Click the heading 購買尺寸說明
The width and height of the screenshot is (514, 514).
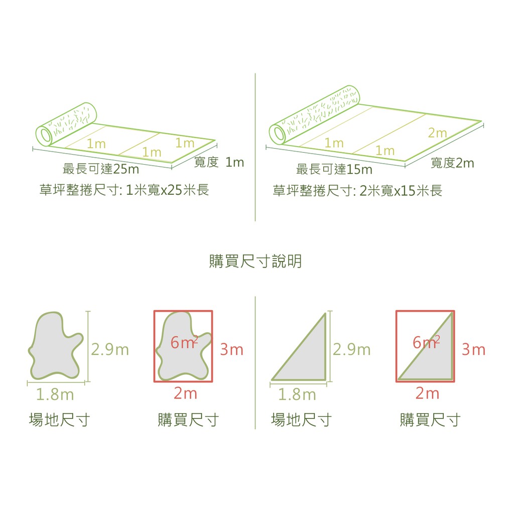[x=255, y=261]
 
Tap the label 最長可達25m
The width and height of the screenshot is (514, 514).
[x=101, y=169]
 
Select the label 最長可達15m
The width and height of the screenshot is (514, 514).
[x=334, y=170]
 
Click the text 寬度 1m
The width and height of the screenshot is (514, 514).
[x=219, y=162]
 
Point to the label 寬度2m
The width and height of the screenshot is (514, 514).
[x=452, y=163]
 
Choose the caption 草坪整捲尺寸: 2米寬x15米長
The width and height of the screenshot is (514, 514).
[x=357, y=190]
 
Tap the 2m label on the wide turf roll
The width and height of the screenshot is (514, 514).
[x=438, y=133]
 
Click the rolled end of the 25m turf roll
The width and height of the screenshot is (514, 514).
[x=66, y=124]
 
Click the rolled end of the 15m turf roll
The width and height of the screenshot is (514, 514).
[x=314, y=115]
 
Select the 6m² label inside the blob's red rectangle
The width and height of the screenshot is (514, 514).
[x=184, y=342]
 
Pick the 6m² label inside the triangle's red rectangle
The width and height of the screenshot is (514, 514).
[x=426, y=342]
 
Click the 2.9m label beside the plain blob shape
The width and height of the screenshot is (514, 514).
[x=110, y=349]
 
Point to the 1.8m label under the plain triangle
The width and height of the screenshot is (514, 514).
[x=297, y=395]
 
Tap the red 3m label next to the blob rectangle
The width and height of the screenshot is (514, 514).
[x=232, y=349]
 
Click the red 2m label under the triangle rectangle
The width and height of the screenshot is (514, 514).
[x=428, y=393]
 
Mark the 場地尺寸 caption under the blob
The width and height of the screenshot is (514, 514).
[x=59, y=420]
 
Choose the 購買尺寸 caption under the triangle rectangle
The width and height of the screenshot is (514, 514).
[x=430, y=420]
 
